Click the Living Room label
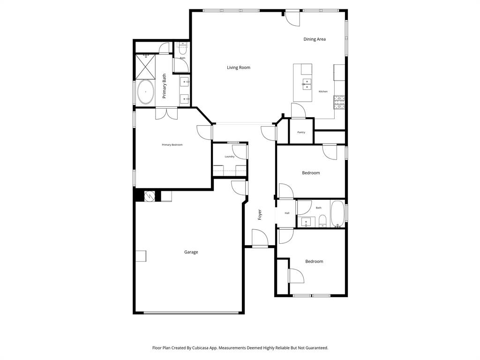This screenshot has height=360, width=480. [239, 67]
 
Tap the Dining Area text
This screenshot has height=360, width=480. [315, 39]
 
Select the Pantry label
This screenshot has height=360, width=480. [301, 132]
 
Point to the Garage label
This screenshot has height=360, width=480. [191, 252]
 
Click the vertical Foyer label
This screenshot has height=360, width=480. [260, 214]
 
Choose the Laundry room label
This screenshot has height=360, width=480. [229, 157]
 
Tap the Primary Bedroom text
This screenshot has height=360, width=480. [172, 145]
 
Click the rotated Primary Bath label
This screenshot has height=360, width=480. [165, 86]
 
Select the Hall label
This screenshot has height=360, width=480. [287, 213]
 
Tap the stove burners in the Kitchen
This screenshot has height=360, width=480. [339, 102]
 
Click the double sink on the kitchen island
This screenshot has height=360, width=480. [307, 84]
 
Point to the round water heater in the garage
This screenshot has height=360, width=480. [150, 196]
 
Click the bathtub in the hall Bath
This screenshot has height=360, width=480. [337, 214]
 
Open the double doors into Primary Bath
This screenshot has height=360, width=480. [166, 112]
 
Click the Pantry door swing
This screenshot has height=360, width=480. [298, 111]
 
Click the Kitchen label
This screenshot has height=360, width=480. [323, 91]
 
